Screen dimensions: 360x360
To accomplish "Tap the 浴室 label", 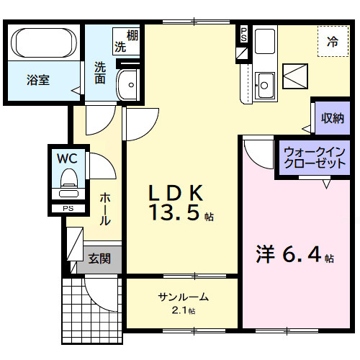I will (37, 80).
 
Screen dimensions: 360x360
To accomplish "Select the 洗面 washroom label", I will (99, 72).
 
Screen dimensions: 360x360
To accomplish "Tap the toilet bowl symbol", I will (69, 180).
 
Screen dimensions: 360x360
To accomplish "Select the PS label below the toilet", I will (68, 210).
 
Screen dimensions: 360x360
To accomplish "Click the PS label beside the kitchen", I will (243, 34).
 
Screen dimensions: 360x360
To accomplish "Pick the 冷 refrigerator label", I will (333, 42).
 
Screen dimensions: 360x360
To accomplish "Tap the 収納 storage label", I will (332, 117).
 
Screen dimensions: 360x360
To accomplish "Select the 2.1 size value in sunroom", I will (180, 310).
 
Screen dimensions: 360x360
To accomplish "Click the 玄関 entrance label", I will (99, 258).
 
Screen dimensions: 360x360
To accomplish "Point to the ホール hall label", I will (105, 210).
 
